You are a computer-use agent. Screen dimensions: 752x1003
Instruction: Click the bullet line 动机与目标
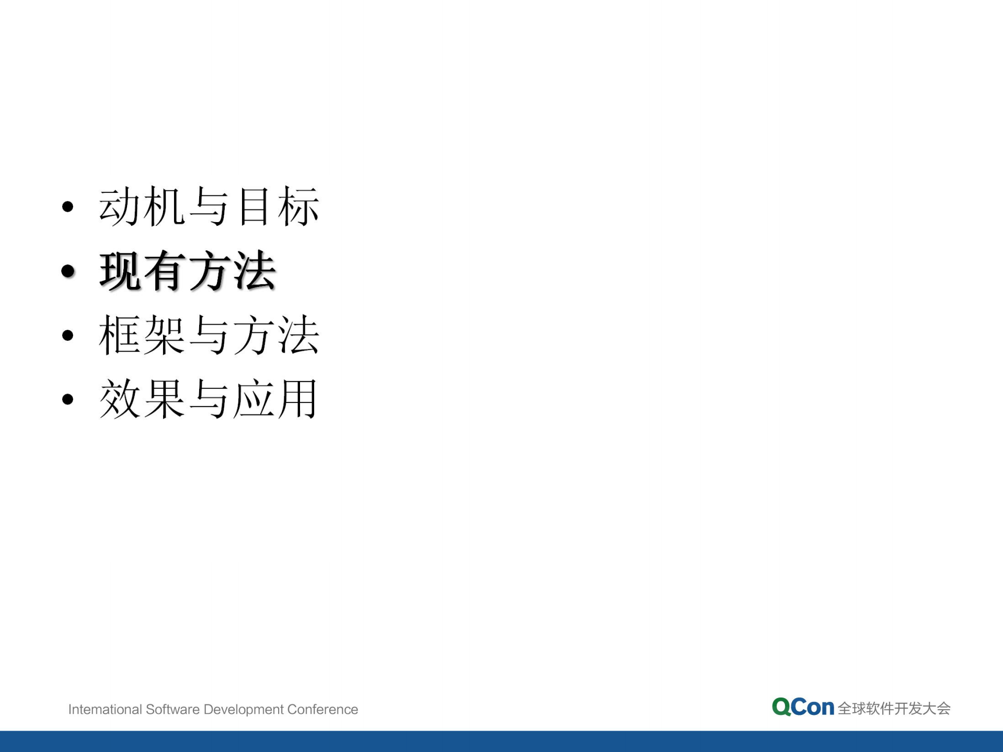tap(209, 207)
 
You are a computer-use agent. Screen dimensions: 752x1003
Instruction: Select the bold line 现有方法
tap(187, 271)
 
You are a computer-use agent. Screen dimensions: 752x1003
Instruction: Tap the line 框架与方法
tap(209, 335)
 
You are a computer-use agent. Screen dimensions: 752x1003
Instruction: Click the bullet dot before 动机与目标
tap(67, 207)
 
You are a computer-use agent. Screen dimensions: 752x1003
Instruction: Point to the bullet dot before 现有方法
tap(67, 271)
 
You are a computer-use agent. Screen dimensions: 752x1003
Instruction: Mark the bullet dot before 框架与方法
tap(67, 335)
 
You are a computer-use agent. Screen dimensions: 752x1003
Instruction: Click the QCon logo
tap(803, 708)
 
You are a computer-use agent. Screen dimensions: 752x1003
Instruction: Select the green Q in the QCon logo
tap(781, 708)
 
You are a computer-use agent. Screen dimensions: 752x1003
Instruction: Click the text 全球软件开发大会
tap(894, 709)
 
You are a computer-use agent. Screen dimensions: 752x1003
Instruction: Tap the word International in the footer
tap(105, 710)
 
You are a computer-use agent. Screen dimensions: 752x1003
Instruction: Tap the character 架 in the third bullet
tap(164, 335)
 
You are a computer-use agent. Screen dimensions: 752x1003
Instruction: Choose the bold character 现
tap(120, 271)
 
